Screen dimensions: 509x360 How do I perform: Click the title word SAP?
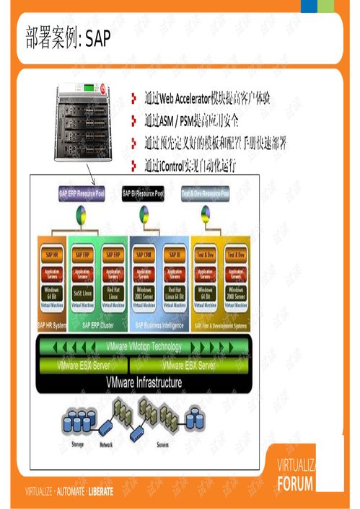(x=97, y=40)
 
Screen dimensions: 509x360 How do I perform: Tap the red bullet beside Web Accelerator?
(x=134, y=98)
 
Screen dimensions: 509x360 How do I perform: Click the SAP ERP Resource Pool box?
(x=82, y=193)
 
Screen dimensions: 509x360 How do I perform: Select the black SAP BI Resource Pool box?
(x=143, y=193)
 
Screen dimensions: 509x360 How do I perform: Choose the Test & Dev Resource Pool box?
(x=205, y=193)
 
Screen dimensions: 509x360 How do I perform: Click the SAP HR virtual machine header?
(x=52, y=254)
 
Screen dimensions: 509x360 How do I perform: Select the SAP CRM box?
(x=144, y=254)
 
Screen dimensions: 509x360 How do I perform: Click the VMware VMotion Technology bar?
(x=144, y=347)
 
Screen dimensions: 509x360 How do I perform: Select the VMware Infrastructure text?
(x=144, y=383)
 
